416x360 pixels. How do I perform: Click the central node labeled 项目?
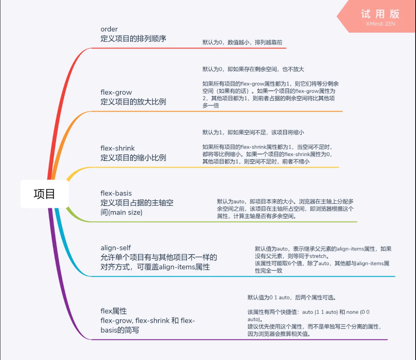click(44, 194)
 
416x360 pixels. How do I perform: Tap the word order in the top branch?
click(109, 29)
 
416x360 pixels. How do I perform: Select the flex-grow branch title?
click(116, 92)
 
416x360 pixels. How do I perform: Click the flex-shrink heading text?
click(117, 148)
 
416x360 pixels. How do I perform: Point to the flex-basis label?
click(116, 193)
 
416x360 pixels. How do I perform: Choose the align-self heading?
click(116, 248)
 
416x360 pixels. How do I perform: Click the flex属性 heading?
click(114, 311)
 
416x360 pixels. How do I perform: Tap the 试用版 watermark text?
click(380, 14)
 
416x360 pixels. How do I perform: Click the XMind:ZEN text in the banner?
click(381, 24)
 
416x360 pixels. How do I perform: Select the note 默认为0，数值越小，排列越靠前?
click(242, 42)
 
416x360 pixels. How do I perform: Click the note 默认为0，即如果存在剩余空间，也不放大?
click(253, 69)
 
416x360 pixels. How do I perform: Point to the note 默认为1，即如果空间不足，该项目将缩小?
click(253, 132)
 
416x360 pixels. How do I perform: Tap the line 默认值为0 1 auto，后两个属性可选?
click(292, 297)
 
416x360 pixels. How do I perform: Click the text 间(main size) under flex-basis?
click(122, 212)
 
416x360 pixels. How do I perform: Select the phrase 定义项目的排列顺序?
click(133, 39)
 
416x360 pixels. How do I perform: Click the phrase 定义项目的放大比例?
click(133, 102)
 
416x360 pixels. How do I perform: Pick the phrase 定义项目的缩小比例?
click(133, 158)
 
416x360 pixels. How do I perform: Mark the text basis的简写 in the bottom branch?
click(120, 330)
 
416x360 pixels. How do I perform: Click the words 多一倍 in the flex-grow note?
click(211, 106)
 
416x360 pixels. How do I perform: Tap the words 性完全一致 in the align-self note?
click(269, 271)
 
